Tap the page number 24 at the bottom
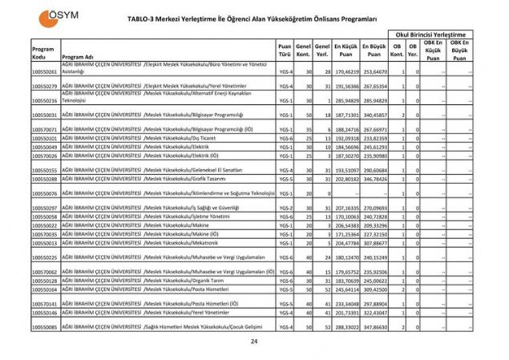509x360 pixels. tap(254, 342)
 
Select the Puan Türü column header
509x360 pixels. tap(284, 50)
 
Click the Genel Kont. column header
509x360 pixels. tap(303, 50)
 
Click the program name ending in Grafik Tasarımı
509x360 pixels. tap(152, 179)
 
